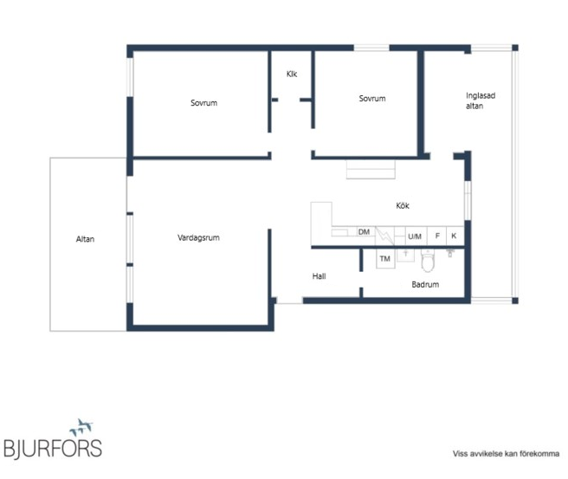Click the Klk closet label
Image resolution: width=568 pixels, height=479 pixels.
click(292, 74)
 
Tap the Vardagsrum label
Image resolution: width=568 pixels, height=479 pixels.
click(198, 237)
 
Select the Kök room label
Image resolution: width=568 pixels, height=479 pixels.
click(403, 205)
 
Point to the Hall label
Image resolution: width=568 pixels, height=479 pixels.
click(319, 276)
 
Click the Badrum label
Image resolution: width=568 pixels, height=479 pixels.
click(425, 284)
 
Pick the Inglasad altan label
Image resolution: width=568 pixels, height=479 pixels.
click(481, 100)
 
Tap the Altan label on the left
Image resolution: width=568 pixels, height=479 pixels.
click(85, 239)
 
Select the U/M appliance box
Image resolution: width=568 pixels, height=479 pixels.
click(416, 236)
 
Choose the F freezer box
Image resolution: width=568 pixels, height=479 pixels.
click(437, 236)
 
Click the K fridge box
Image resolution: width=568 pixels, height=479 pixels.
click(455, 236)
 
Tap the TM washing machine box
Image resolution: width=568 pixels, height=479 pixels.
click(385, 259)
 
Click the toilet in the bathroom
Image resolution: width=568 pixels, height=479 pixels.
click(428, 261)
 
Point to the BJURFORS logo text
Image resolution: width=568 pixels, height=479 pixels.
click(53, 449)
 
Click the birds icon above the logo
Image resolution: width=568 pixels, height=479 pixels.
click(81, 427)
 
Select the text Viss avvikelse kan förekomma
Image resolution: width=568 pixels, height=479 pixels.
click(506, 454)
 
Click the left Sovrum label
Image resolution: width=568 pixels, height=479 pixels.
click(204, 103)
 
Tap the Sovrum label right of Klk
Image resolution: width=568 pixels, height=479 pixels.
click(372, 99)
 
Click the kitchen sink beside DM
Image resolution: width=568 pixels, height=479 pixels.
click(339, 233)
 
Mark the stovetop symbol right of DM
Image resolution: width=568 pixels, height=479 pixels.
click(384, 236)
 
